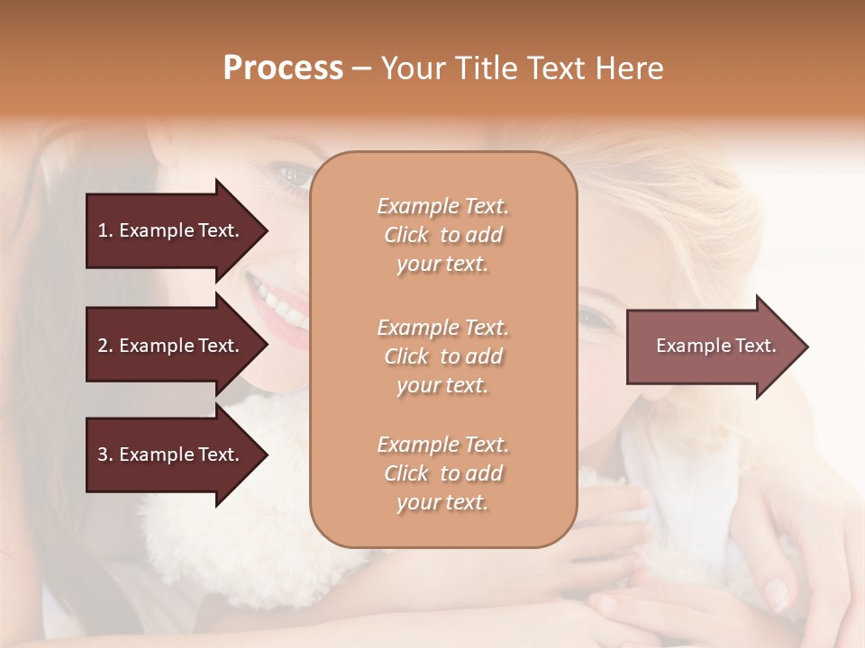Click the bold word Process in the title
(283, 68)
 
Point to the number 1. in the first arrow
(105, 230)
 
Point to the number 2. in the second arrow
(105, 346)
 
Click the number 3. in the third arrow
(105, 455)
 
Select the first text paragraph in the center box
(442, 235)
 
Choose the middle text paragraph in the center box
(442, 355)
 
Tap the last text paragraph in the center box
(442, 473)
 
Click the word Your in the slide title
(413, 68)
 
